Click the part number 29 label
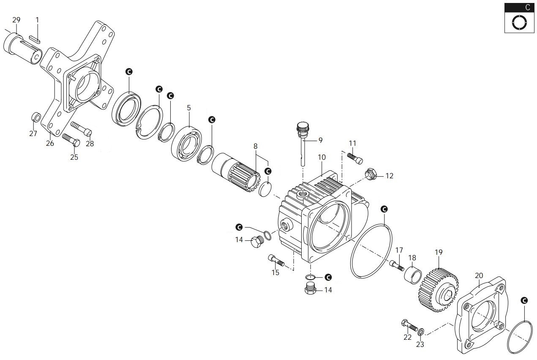tap(16, 20)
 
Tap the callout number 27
tap(33, 134)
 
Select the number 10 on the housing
tap(322, 157)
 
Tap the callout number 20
tap(479, 275)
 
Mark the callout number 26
tap(50, 143)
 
